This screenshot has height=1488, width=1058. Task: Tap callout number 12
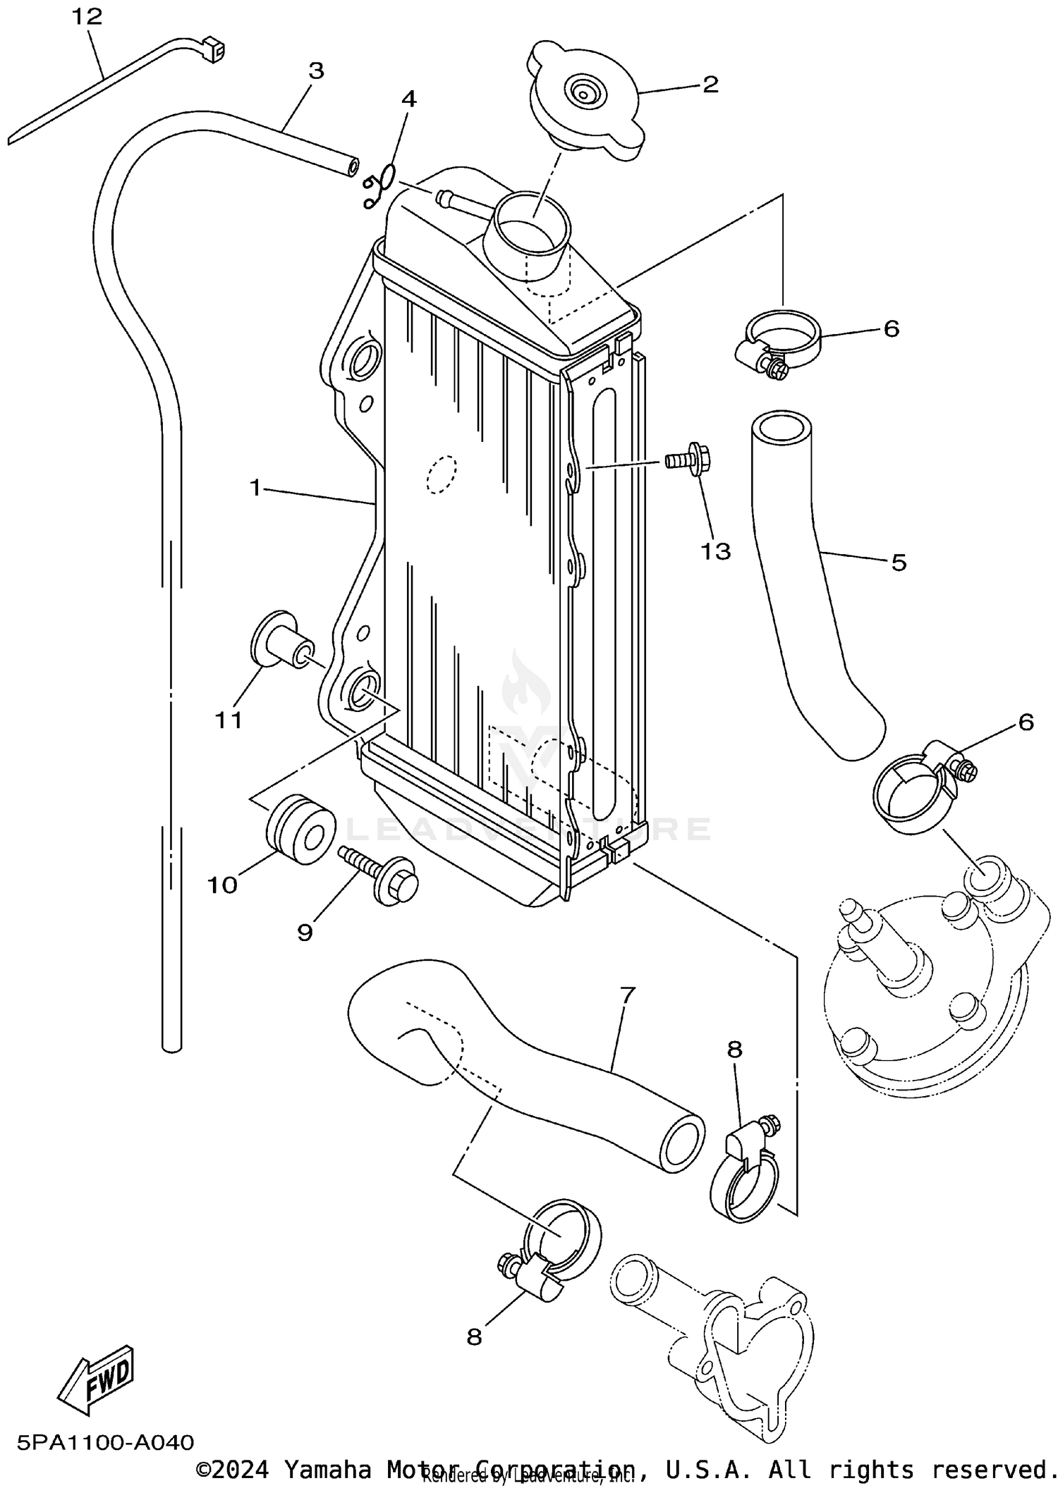point(87,17)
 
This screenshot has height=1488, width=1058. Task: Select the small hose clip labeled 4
point(379,185)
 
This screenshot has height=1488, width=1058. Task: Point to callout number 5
point(898,562)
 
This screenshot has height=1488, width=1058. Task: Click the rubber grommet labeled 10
point(300,830)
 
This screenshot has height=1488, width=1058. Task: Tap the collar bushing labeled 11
point(281,639)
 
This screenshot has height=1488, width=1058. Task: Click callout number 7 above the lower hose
point(628,995)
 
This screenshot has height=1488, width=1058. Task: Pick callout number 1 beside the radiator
point(255,486)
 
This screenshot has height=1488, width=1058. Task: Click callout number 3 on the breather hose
point(316,70)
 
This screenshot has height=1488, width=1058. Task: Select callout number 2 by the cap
point(710,85)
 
